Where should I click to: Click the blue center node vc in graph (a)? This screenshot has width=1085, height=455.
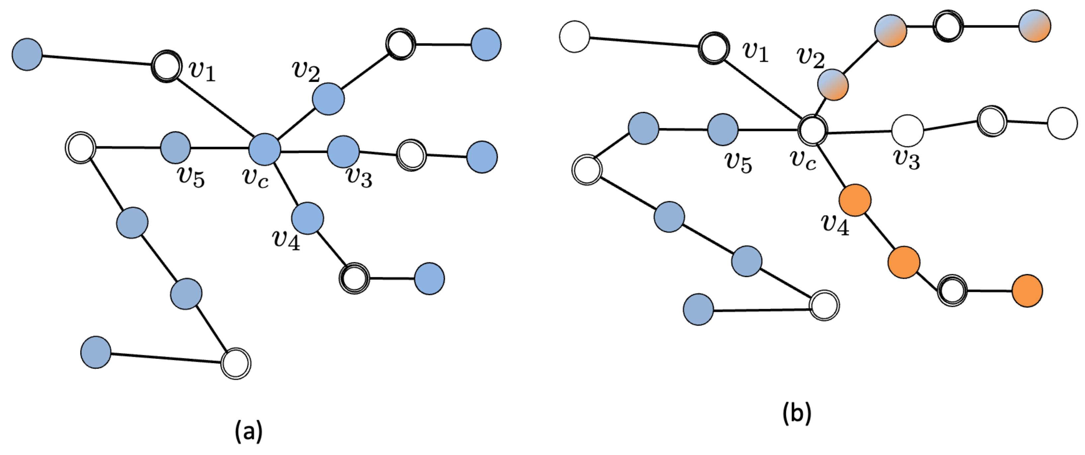coord(265,149)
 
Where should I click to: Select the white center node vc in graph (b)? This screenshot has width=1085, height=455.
coord(813,130)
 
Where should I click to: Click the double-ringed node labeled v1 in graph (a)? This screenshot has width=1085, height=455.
coord(167,66)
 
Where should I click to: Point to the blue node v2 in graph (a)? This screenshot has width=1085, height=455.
coord(328,99)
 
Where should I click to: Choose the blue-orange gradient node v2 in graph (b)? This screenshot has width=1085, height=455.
coord(833,85)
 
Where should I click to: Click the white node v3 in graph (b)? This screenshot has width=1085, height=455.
coord(908,131)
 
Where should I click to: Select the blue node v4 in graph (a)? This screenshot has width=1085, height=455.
coord(307,218)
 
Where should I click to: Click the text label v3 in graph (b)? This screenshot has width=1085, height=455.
coord(907,160)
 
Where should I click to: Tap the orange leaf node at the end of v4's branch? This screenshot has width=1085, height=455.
coord(1027,290)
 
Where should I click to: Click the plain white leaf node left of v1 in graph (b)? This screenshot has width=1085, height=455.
coord(575,37)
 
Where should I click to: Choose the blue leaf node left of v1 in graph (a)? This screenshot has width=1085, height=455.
coord(27,55)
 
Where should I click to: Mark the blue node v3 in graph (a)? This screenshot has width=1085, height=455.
coord(343,151)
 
